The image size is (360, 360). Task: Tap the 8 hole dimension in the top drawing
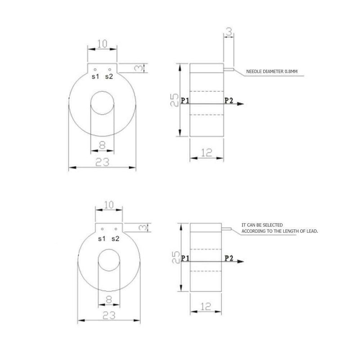pos(103,145)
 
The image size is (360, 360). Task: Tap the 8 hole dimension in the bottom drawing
pos(108,298)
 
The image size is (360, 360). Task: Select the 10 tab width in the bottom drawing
pos(108,205)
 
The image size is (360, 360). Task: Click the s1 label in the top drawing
pos(95,77)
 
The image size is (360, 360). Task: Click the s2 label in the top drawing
pos(109,77)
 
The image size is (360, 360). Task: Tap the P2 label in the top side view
pos(228,100)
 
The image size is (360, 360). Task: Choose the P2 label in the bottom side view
pos(229,258)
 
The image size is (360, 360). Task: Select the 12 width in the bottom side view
pos(207,306)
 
